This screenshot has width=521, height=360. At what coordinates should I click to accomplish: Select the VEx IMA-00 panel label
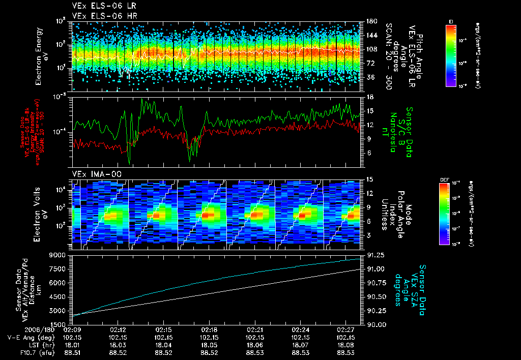click(x=92, y=174)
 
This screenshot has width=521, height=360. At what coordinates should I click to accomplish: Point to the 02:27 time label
click(x=345, y=329)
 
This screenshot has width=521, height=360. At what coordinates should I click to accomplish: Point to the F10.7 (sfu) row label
click(x=23, y=352)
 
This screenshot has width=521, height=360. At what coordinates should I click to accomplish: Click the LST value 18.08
click(x=345, y=345)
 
